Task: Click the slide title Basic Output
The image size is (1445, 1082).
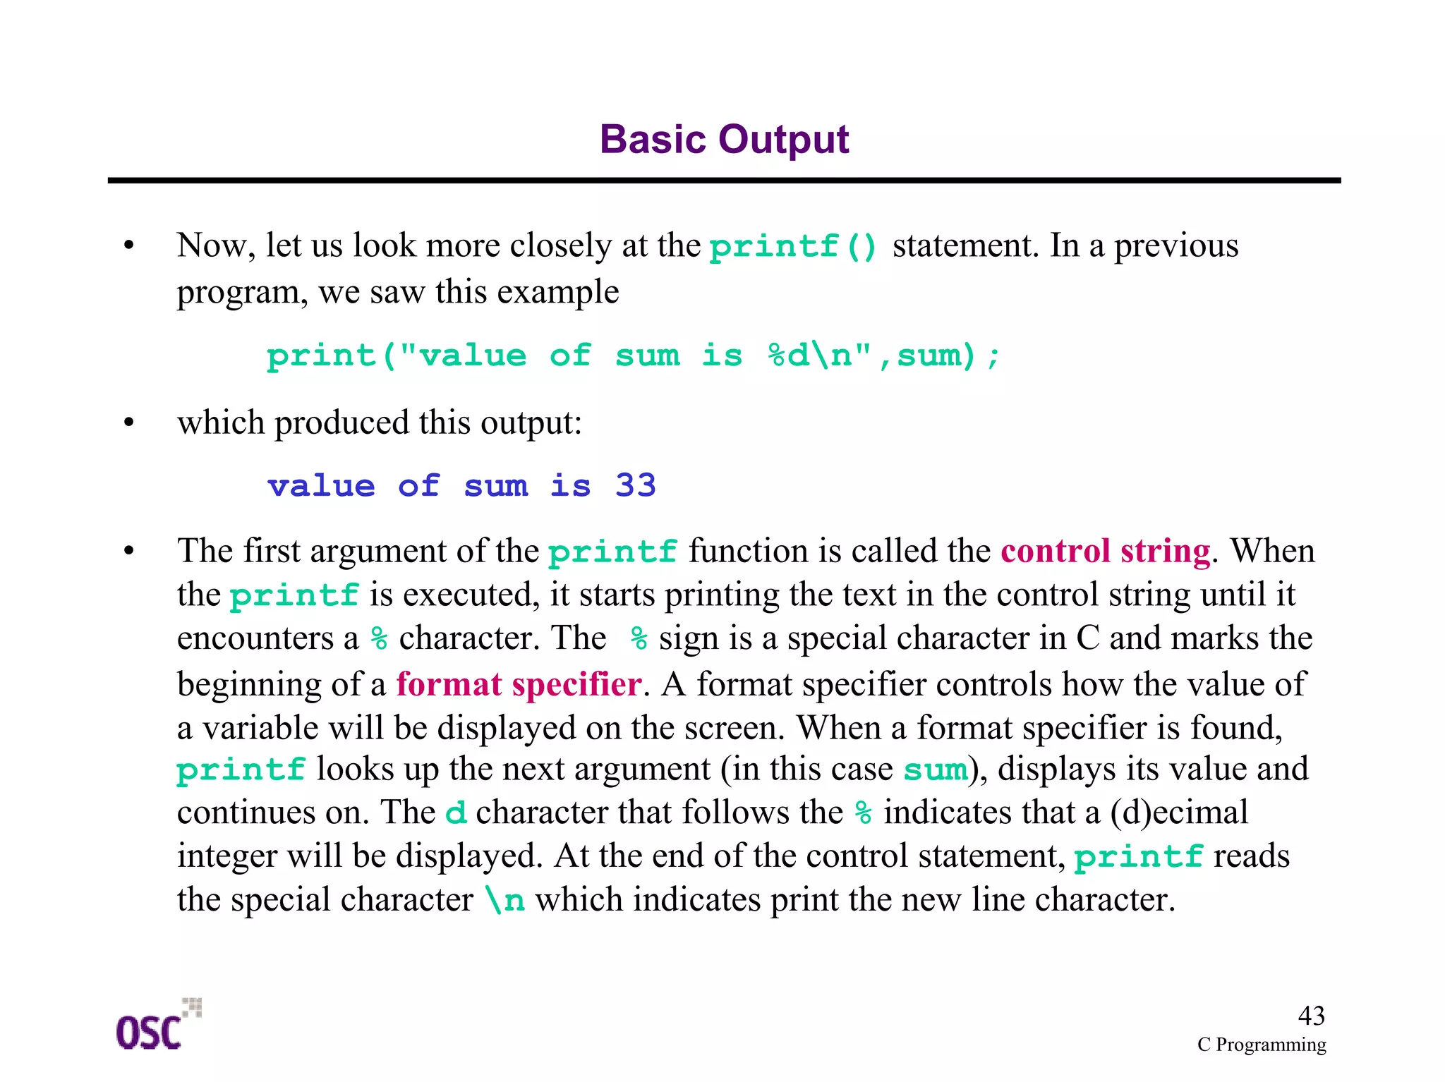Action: tap(724, 139)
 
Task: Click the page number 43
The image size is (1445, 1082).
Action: tap(1311, 1016)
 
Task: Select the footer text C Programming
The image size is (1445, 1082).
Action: tap(1262, 1045)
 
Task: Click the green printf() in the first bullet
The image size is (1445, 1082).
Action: tap(792, 247)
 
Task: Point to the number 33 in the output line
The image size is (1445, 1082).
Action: tap(635, 486)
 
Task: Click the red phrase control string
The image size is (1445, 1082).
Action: tap(1105, 551)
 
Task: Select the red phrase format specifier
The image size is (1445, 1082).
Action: tap(519, 684)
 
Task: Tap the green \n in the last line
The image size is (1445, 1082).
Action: tap(505, 901)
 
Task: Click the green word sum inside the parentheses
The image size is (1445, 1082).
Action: tap(935, 770)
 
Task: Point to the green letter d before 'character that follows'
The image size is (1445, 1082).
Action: tap(456, 813)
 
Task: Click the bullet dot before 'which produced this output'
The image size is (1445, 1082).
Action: tap(128, 423)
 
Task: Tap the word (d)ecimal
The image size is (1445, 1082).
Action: tap(1179, 813)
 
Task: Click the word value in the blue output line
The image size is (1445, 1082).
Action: tap(321, 486)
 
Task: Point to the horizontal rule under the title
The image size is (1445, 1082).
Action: tap(724, 181)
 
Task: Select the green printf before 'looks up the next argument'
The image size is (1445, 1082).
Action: tap(241, 770)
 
